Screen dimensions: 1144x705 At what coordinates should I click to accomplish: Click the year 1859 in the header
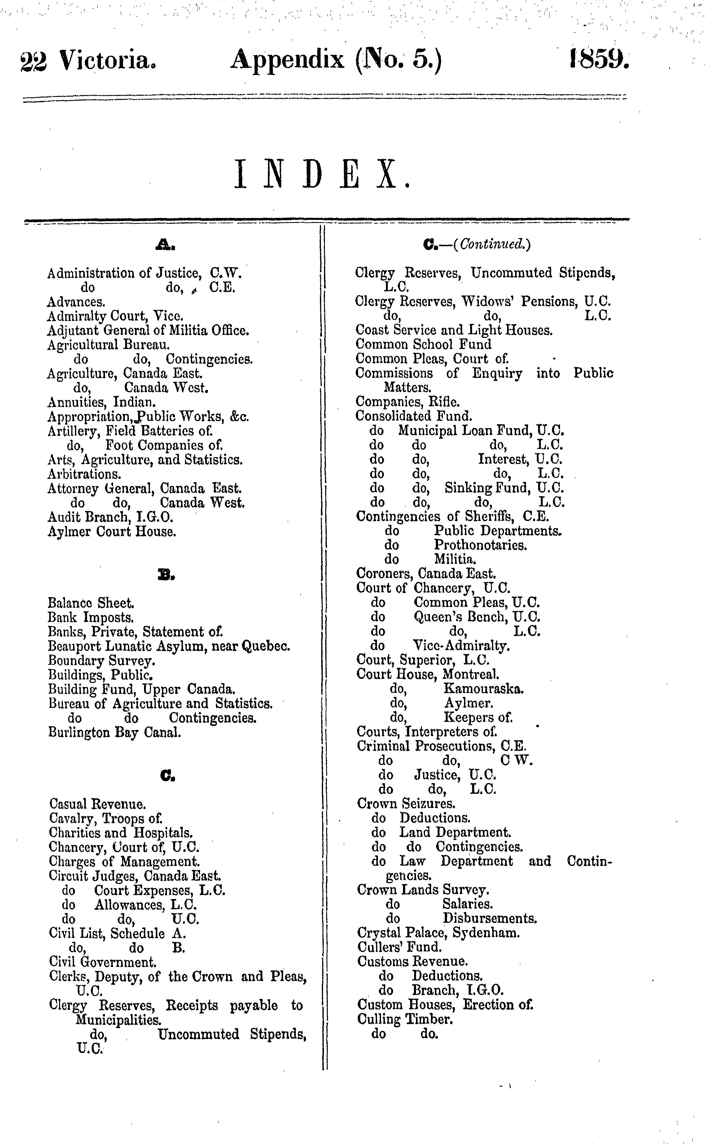click(x=599, y=60)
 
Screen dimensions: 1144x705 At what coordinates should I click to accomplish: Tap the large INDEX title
click(x=322, y=174)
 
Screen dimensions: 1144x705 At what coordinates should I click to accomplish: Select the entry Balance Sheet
click(x=91, y=603)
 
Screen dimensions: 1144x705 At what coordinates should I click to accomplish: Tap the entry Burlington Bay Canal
click(x=115, y=732)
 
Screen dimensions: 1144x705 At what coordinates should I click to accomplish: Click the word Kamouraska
click(x=484, y=688)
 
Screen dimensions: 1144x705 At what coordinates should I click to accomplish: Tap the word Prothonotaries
click(x=480, y=545)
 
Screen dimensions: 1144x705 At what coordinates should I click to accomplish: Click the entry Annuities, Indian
click(x=101, y=402)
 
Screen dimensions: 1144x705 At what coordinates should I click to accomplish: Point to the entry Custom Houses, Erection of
click(x=445, y=1005)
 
